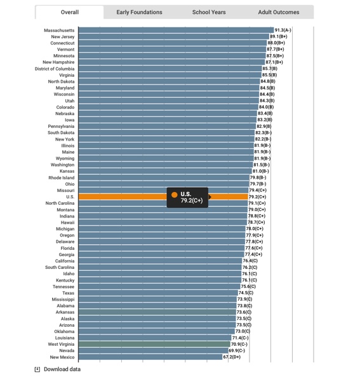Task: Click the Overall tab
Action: [70, 12]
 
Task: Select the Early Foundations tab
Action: [139, 12]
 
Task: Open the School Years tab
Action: [209, 12]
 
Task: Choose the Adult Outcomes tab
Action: [279, 12]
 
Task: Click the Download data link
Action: [62, 369]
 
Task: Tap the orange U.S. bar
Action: [127, 197]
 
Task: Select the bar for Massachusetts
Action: [175, 31]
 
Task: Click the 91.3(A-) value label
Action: [283, 31]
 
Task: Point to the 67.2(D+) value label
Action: [232, 357]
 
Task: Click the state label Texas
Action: [67, 293]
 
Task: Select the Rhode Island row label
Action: [62, 178]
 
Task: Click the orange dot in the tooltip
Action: [175, 195]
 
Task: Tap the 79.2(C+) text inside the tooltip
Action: [192, 201]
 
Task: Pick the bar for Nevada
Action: [152, 350]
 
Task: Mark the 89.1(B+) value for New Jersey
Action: [279, 37]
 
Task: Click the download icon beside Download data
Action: [37, 369]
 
